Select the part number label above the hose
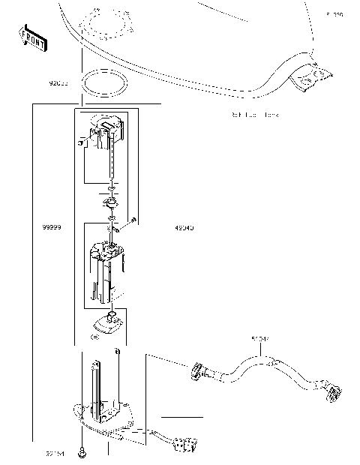pos(260,340)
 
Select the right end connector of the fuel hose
pos(334,392)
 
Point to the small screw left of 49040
pos(133,220)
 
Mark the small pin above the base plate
pos(118,351)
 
